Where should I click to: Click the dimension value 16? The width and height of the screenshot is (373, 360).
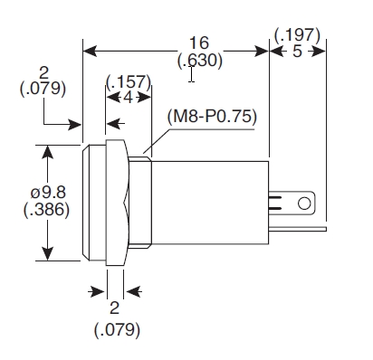click(199, 43)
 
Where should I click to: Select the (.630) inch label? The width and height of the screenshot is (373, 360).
click(200, 61)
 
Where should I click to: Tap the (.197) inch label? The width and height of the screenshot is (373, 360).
click(297, 35)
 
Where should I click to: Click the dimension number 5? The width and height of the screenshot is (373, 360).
click(297, 52)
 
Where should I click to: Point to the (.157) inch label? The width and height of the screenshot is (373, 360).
click(129, 81)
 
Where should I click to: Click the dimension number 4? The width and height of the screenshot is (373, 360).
click(129, 98)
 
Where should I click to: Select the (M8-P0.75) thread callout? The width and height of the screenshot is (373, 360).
click(212, 116)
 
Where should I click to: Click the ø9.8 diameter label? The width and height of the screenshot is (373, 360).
click(48, 193)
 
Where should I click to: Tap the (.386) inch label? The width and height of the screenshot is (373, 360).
click(46, 209)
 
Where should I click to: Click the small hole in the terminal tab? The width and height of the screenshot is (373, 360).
click(304, 204)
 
